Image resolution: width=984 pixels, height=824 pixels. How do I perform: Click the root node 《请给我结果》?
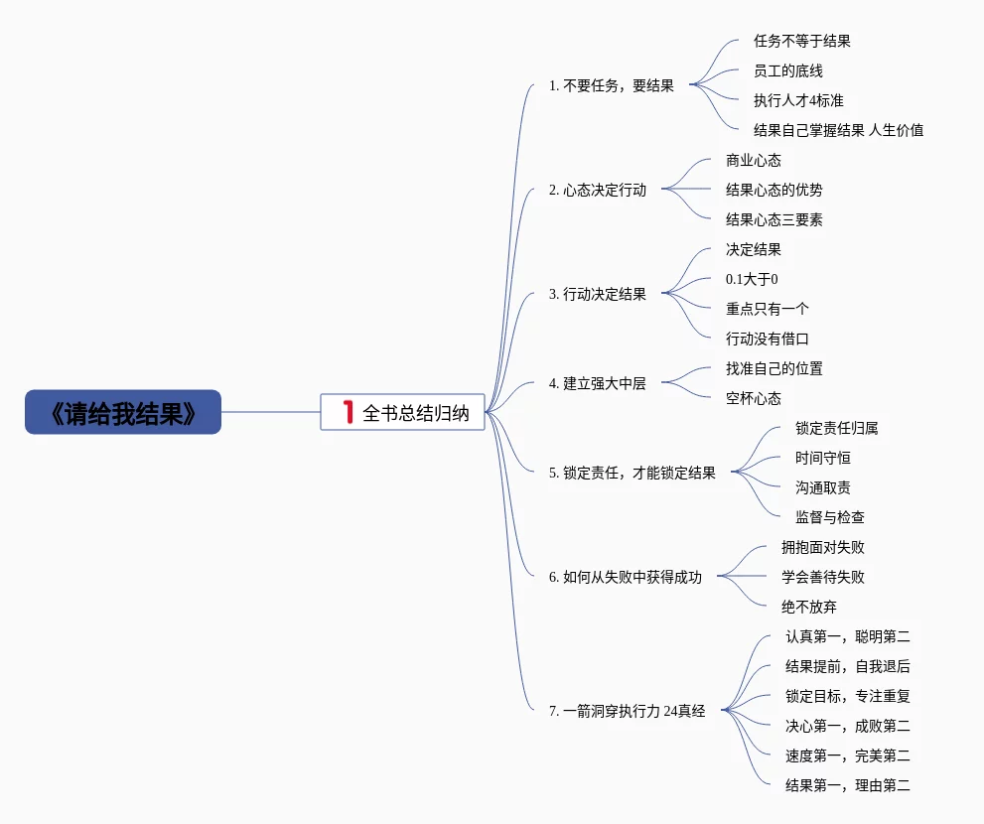click(123, 412)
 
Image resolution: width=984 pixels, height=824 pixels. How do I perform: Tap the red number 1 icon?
click(348, 412)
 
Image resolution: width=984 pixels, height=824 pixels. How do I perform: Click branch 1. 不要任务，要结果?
click(611, 85)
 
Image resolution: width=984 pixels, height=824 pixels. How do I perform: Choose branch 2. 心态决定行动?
click(597, 190)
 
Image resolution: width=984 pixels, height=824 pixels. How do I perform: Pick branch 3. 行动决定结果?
click(597, 294)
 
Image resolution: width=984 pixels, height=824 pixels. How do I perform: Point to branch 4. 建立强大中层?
click(597, 383)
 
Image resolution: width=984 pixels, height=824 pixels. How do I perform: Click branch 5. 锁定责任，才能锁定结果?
click(632, 473)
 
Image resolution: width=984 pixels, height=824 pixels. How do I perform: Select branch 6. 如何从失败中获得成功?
click(625, 577)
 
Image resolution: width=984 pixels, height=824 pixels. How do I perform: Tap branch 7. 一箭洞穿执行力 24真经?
click(627, 711)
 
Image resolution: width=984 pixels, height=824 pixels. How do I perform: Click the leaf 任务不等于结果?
click(801, 41)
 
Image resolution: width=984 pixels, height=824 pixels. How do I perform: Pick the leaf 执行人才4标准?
click(798, 100)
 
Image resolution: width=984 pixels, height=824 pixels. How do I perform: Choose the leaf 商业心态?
click(753, 160)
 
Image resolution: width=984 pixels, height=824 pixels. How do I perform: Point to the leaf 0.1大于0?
click(752, 279)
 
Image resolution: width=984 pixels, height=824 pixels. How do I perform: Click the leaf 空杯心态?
click(753, 398)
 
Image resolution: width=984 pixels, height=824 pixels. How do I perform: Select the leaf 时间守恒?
click(822, 458)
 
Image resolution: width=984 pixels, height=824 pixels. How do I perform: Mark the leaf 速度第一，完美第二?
click(847, 755)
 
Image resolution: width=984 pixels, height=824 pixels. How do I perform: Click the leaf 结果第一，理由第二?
click(847, 785)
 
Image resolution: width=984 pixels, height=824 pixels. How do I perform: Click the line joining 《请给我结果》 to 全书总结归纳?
click(270, 412)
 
